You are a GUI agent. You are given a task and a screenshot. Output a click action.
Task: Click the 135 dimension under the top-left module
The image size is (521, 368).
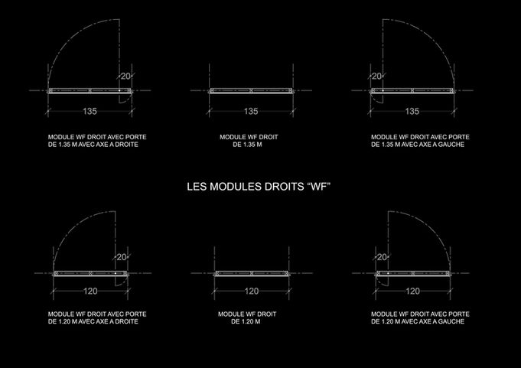click(90, 112)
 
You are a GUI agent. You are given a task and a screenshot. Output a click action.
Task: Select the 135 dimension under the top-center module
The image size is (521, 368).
click(251, 112)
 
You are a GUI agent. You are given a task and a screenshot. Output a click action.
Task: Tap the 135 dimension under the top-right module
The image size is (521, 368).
click(412, 112)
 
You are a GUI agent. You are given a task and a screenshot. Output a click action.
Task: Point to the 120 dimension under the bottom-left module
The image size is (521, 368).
click(90, 291)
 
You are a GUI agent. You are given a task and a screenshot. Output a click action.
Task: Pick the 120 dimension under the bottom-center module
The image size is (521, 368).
click(251, 291)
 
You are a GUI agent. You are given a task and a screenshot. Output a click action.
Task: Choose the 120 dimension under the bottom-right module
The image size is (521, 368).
click(412, 291)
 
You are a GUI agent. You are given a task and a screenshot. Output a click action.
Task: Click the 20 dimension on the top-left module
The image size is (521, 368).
click(125, 76)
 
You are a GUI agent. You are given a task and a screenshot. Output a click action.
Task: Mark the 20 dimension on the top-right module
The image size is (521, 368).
click(376, 76)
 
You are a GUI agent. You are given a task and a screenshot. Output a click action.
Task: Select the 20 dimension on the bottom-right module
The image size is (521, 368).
click(382, 257)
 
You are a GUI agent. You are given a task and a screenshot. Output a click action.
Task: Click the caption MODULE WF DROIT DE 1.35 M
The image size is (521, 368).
click(249, 141)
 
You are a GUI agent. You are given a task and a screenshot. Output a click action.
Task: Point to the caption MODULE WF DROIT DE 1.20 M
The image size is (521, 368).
click(247, 318)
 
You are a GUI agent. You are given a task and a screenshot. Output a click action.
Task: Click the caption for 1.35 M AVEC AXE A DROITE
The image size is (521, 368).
click(97, 141)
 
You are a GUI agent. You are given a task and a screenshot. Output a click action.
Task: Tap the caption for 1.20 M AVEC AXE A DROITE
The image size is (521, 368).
click(97, 318)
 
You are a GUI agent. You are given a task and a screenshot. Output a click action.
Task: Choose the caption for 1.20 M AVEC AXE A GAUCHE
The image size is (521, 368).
click(419, 318)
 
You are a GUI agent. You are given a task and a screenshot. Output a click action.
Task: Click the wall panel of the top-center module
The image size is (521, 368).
click(251, 91)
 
